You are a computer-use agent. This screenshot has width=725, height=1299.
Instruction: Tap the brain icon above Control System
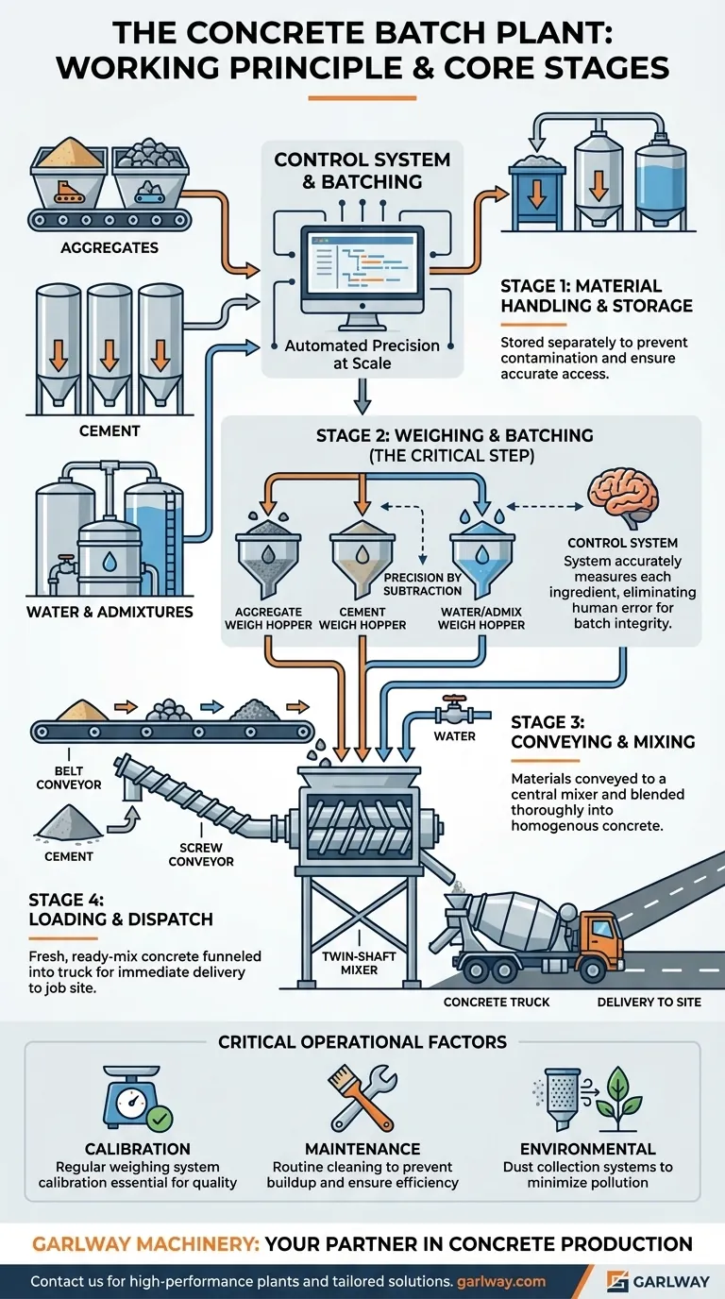point(620,498)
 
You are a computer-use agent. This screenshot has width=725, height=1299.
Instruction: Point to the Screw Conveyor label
point(201,853)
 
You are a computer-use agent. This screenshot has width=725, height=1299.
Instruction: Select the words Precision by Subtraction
point(423,584)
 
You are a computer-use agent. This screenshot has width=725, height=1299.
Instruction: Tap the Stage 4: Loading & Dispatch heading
point(120,908)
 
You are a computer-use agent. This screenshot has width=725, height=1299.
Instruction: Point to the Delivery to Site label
point(649,1001)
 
